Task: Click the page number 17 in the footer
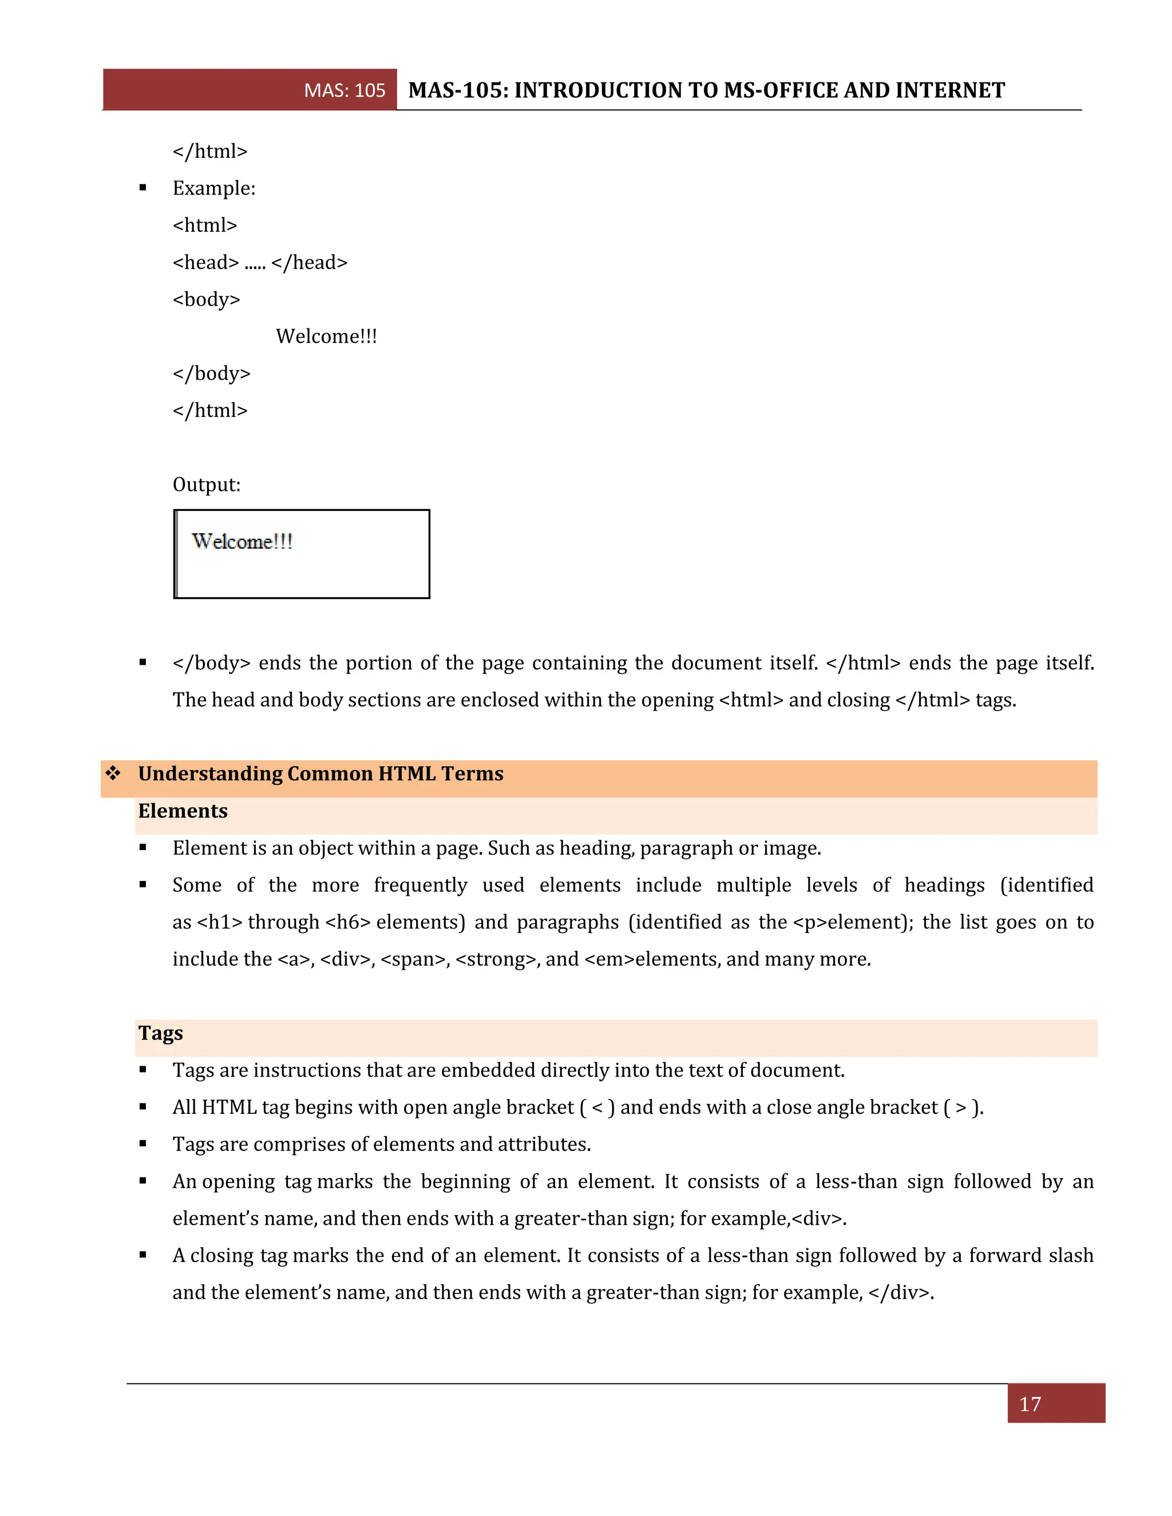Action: click(x=1030, y=1404)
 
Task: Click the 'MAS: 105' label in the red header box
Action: click(x=345, y=90)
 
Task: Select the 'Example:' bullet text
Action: click(x=214, y=188)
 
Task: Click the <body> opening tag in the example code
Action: click(x=206, y=299)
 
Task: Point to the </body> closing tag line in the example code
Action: click(x=211, y=374)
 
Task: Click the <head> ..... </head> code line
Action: click(x=260, y=263)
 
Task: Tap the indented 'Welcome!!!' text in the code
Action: click(x=326, y=336)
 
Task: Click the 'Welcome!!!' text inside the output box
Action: click(x=241, y=541)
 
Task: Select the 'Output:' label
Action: click(x=206, y=485)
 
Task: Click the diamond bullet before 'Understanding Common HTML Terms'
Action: click(x=113, y=772)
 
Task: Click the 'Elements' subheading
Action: click(x=183, y=811)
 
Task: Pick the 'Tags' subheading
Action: click(x=160, y=1033)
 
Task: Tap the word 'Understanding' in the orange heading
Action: click(x=209, y=773)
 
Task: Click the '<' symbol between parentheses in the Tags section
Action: click(x=597, y=1107)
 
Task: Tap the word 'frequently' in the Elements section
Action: click(x=420, y=885)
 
